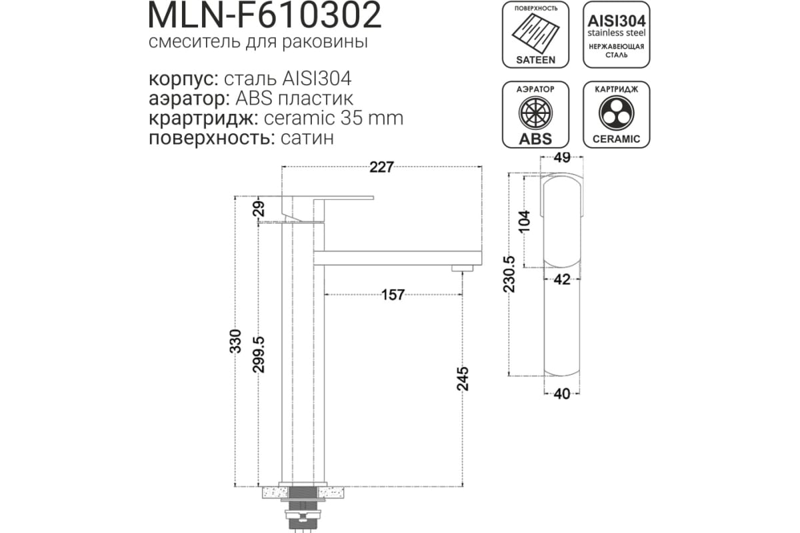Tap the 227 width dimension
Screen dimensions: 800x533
point(381,167)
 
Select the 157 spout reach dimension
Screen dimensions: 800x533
point(393,295)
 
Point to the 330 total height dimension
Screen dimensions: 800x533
point(235,341)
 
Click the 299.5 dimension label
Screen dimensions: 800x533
point(259,354)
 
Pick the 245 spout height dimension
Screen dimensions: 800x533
point(463,378)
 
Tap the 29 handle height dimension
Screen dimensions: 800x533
point(259,209)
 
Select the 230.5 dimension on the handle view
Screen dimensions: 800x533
point(509,274)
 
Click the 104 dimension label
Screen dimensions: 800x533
point(524,221)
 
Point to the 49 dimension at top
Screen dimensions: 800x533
point(562,157)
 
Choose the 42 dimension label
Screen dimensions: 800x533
point(562,280)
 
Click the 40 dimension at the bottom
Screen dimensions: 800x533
point(562,394)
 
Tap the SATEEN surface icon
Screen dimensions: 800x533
point(535,35)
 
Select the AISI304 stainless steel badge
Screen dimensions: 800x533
point(617,35)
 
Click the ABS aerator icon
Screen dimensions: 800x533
point(535,115)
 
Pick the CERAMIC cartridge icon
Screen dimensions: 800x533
point(617,115)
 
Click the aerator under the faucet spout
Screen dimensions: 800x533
point(462,268)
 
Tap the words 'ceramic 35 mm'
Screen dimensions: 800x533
point(333,119)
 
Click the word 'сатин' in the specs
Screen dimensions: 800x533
point(307,138)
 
